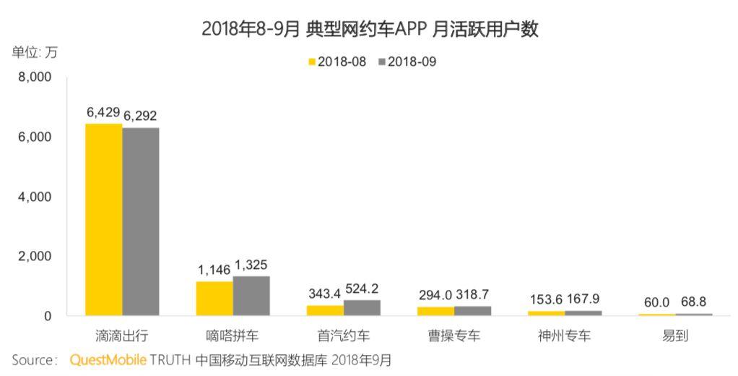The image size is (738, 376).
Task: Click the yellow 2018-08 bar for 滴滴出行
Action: coord(104,220)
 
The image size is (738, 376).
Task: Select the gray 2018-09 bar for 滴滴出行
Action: coord(141,222)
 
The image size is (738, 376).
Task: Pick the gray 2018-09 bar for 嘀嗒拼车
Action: coord(251,296)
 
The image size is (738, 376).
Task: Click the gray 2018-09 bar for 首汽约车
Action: coord(362,308)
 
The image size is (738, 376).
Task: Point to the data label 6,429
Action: coord(104,113)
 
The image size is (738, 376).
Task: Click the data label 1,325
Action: coord(251,265)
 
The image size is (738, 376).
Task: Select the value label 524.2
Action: coord(362,289)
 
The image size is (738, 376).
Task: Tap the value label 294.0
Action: coord(435,296)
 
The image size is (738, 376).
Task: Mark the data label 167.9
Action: coord(583,299)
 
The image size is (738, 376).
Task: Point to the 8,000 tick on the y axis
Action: coord(35,77)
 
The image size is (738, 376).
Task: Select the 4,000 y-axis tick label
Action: coord(35,197)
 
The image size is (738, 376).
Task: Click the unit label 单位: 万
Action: coord(34,52)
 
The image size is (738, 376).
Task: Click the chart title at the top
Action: coord(370,29)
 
